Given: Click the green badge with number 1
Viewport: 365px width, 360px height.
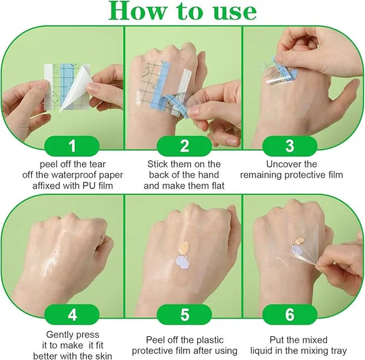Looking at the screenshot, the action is (x=72, y=146).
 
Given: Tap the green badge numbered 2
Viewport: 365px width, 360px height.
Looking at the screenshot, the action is (x=184, y=146).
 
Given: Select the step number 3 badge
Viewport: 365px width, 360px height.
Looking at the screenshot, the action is (x=290, y=146).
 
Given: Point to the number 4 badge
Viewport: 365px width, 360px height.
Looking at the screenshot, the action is (x=72, y=315).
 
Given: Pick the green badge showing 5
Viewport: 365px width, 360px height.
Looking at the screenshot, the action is (x=184, y=315).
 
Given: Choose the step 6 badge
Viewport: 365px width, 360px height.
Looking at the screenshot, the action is (x=290, y=315).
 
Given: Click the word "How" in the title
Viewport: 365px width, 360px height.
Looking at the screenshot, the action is (x=138, y=11).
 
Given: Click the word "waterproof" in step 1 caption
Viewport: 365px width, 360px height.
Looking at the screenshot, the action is (x=75, y=175).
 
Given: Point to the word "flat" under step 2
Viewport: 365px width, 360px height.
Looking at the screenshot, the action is (x=217, y=186).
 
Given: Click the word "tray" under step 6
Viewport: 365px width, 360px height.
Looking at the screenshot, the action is (x=339, y=351).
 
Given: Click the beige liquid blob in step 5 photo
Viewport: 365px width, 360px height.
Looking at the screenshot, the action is (x=184, y=247).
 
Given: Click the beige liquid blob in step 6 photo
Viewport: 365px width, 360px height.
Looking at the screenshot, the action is (x=298, y=241).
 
